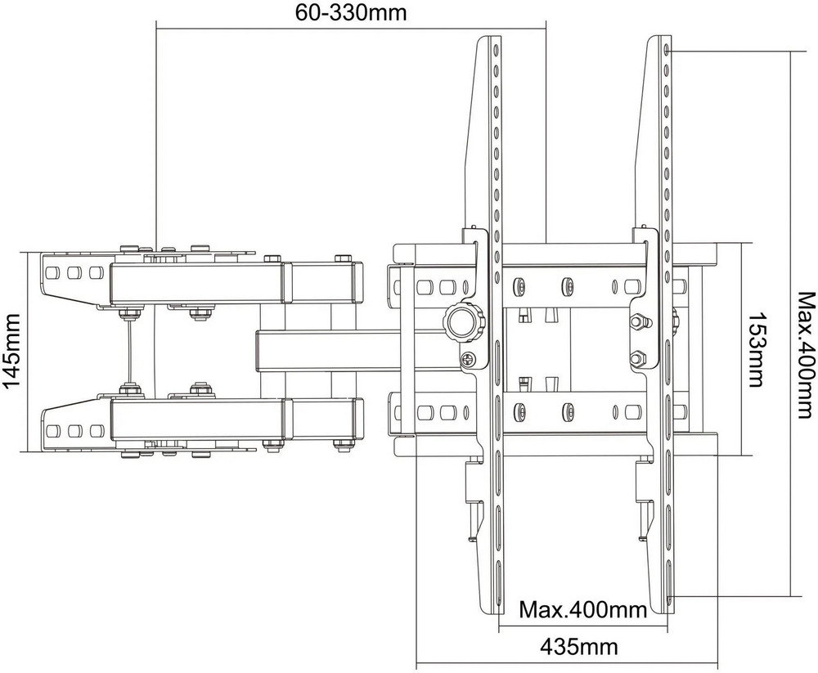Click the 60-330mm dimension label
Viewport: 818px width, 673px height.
click(351, 11)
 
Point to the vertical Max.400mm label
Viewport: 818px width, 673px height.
click(806, 348)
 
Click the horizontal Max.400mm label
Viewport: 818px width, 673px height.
click(582, 608)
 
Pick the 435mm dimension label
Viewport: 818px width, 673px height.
click(578, 647)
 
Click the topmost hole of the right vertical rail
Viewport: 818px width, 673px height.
click(667, 50)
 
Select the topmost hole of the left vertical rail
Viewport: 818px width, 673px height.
click(497, 50)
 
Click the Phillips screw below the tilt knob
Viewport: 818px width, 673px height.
click(467, 358)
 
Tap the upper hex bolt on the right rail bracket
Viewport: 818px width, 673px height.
click(636, 321)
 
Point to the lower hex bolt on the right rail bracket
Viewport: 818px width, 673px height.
click(636, 358)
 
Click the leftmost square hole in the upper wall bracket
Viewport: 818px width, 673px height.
click(52, 273)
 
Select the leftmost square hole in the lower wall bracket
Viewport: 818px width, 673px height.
click(52, 431)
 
